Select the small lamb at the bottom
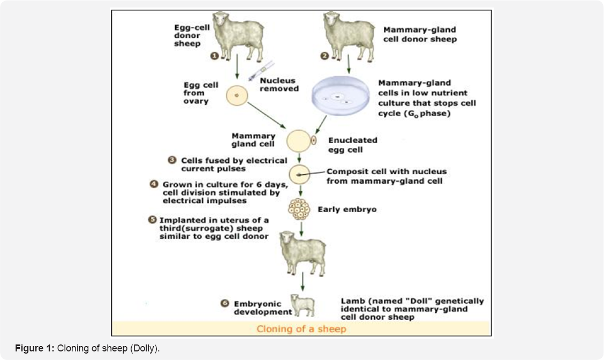[x=303, y=306]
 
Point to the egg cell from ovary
[x=236, y=96]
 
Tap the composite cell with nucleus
[x=299, y=175]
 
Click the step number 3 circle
[x=172, y=160]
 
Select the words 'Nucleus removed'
[x=278, y=85]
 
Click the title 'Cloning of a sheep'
[x=300, y=329]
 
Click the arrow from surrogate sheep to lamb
[x=303, y=281]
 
